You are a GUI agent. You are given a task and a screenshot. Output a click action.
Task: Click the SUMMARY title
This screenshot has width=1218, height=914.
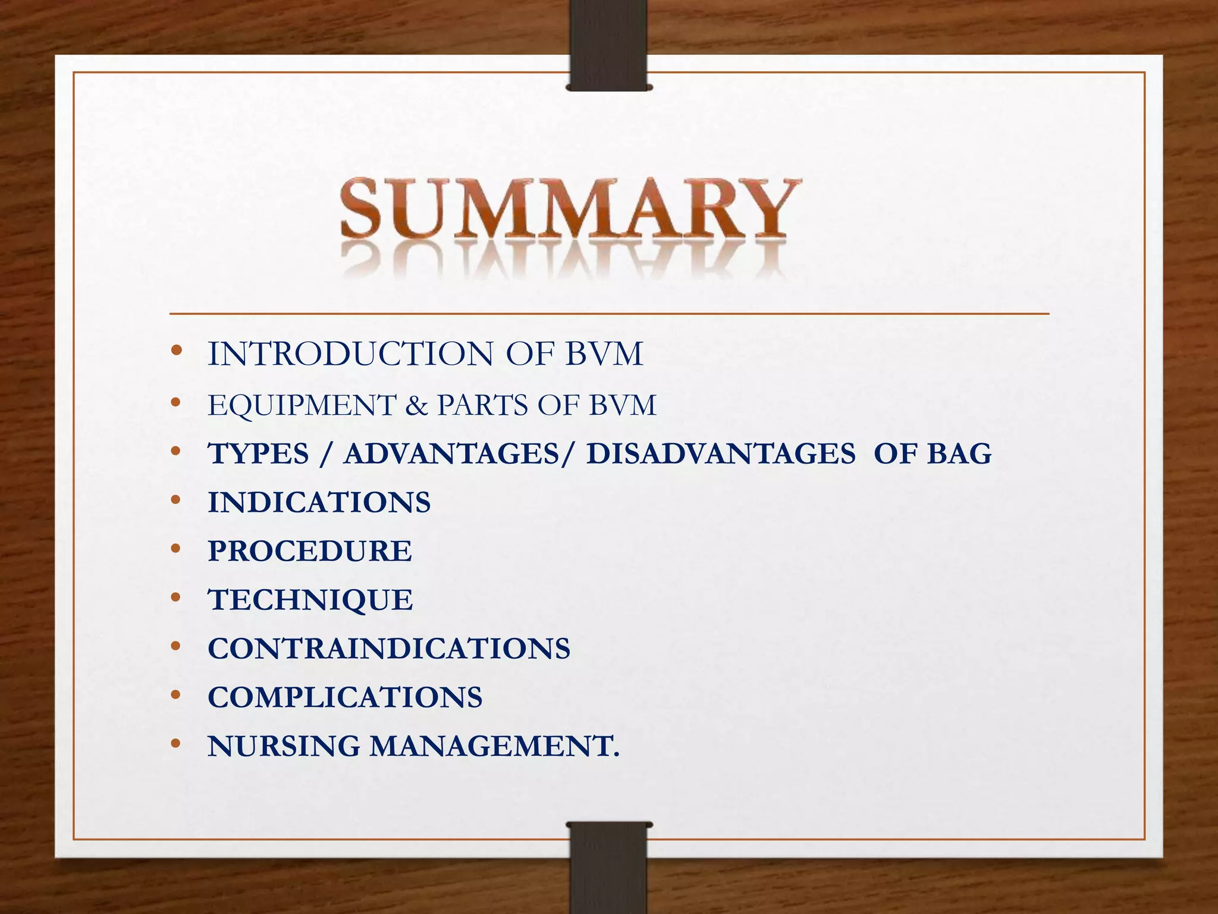tap(569, 209)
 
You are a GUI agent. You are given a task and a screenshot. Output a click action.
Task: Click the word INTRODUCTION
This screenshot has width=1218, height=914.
tap(350, 354)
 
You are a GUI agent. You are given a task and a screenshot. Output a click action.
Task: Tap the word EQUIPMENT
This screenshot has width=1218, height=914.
tap(302, 406)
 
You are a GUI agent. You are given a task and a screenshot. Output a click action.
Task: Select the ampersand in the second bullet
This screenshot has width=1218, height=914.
tap(416, 406)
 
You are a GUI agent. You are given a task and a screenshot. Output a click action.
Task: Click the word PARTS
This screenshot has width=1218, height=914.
tap(483, 406)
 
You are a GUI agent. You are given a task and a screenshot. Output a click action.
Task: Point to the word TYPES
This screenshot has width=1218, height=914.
tap(259, 454)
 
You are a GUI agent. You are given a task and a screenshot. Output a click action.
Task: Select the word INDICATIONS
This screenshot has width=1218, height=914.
tap(319, 503)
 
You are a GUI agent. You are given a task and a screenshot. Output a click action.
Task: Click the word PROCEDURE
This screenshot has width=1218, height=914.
tap(310, 551)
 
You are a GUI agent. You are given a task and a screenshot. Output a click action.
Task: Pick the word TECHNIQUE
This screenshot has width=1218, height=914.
tap(310, 600)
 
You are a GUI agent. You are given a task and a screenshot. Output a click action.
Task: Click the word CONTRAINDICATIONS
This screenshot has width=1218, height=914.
tap(389, 649)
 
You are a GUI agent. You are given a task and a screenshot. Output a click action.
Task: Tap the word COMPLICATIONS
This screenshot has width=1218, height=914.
tap(345, 697)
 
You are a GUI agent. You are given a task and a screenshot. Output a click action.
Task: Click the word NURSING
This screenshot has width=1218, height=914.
tap(284, 746)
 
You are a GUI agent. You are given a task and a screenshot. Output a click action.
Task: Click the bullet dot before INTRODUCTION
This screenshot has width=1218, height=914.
tap(175, 351)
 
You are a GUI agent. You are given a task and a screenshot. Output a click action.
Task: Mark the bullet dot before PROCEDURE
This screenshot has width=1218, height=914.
tap(175, 549)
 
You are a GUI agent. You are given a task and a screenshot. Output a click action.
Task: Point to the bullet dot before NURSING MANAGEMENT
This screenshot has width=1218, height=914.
tap(175, 744)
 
